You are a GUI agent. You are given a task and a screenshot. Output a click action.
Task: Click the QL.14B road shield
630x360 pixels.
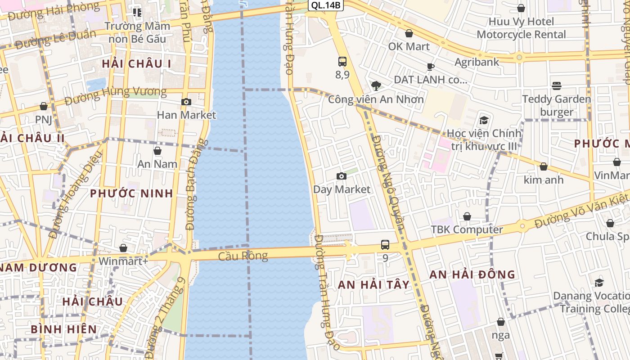coord(326,5)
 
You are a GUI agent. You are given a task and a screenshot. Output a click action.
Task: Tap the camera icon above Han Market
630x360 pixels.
coord(186,102)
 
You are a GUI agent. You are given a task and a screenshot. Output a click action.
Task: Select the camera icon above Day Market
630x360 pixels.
coord(342,176)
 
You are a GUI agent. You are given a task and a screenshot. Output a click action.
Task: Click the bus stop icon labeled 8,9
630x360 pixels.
coord(342,62)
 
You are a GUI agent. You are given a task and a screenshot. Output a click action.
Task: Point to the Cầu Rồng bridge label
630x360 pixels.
coord(243,256)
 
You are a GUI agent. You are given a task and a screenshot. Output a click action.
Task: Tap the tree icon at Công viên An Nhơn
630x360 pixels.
coord(376,86)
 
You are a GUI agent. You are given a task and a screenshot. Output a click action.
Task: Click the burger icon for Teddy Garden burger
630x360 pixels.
coord(557,86)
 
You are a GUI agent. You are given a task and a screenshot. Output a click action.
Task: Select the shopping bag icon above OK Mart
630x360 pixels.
coord(409,33)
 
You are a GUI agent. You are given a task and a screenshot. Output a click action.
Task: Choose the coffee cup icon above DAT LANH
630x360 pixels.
coord(431,67)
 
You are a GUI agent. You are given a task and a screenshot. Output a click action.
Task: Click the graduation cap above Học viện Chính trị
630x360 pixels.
coord(484,120)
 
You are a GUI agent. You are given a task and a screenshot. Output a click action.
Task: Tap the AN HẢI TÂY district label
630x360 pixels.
coord(373,284)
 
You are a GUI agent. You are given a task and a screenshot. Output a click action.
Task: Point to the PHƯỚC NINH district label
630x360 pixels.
coord(131,193)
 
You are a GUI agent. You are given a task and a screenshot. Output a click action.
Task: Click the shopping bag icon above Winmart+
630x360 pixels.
coord(123,248)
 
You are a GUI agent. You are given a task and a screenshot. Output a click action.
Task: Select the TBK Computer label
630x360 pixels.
coord(467,229)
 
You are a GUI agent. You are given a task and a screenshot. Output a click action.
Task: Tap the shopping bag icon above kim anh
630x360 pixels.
coord(544,167)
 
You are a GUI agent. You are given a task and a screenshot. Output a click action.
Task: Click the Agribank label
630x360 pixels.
coord(477,62)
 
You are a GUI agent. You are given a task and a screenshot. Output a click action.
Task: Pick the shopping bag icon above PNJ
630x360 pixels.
coord(44,107)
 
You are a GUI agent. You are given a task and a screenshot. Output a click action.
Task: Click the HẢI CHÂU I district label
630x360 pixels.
coord(136,64)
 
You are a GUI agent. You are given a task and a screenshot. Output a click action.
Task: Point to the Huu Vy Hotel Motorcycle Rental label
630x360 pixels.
coord(521,28)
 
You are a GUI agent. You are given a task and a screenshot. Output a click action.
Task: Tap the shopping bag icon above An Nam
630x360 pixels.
coord(157,151)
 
